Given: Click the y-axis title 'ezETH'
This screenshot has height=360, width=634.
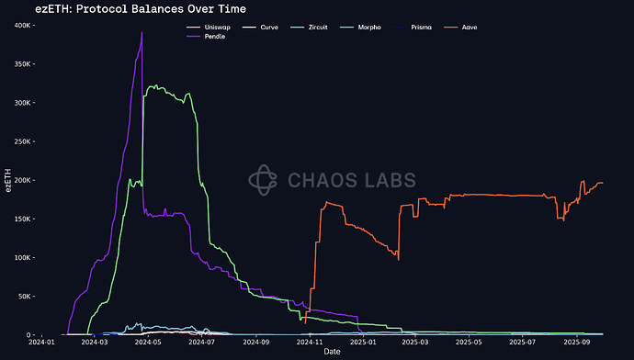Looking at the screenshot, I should [x=8, y=180].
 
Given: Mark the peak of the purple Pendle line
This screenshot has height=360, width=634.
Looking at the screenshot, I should [x=142, y=32].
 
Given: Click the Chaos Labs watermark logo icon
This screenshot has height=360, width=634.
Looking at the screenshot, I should [x=264, y=179].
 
